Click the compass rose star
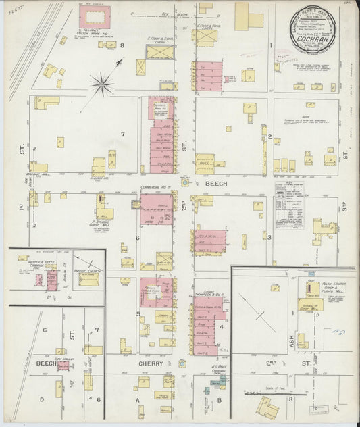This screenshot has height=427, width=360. (x=102, y=84)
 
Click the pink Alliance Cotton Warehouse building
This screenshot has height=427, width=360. (x=95, y=18)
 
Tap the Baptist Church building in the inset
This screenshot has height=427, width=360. (x=88, y=278)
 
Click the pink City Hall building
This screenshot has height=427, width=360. (x=63, y=366)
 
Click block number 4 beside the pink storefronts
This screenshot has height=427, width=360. (x=222, y=327)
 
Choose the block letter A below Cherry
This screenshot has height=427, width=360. (x=140, y=399)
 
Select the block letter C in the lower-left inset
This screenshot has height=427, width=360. (x=45, y=330)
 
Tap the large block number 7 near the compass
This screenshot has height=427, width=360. (x=122, y=134)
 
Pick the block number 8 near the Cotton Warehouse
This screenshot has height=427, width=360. (x=122, y=45)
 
